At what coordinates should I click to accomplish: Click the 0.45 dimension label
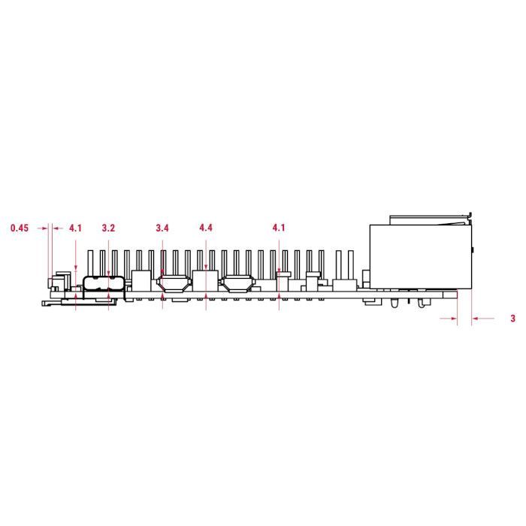[20, 228]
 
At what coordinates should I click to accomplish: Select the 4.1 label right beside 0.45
[76, 228]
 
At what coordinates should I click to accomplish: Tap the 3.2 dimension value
[108, 228]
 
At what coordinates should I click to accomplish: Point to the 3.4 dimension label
[162, 228]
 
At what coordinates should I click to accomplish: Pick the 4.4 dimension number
[206, 228]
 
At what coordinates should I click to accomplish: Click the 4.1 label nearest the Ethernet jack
[279, 228]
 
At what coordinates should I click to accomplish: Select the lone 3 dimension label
[512, 319]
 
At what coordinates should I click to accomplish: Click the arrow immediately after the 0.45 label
[42, 228]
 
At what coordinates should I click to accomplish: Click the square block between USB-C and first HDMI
[140, 280]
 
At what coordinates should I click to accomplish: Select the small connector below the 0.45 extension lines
[55, 283]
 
